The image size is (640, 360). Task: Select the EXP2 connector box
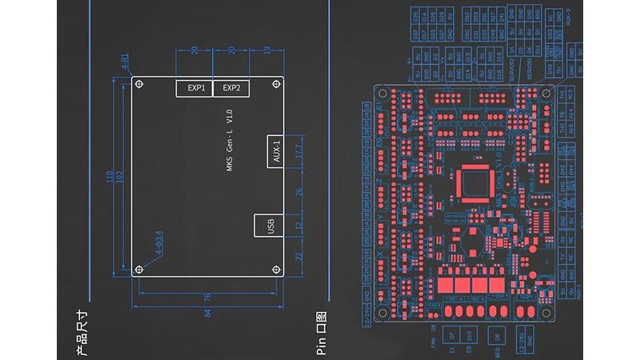231,88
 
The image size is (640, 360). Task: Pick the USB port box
269,226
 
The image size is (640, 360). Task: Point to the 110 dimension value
109,175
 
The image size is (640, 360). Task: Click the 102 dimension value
120,175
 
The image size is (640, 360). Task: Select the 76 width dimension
208,298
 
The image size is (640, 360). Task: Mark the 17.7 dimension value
298,150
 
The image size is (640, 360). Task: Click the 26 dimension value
298,192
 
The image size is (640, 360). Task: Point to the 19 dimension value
266,50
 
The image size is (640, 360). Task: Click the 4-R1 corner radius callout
125,64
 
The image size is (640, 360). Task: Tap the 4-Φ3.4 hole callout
158,242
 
